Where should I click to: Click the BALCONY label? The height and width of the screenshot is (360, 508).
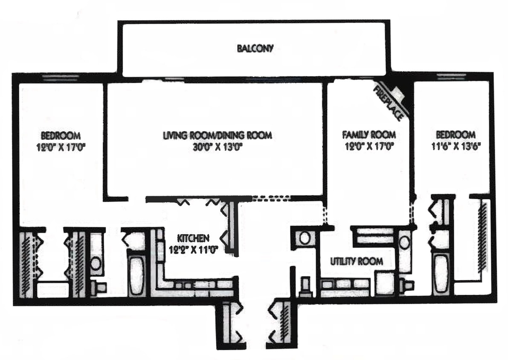255,48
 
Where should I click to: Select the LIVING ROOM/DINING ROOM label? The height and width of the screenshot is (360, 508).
218,136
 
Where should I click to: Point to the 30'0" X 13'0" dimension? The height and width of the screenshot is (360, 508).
218,147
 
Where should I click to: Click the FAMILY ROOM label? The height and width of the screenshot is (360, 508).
369,135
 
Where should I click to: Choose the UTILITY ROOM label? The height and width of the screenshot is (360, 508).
357,261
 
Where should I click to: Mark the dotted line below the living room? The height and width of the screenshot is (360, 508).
271,198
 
